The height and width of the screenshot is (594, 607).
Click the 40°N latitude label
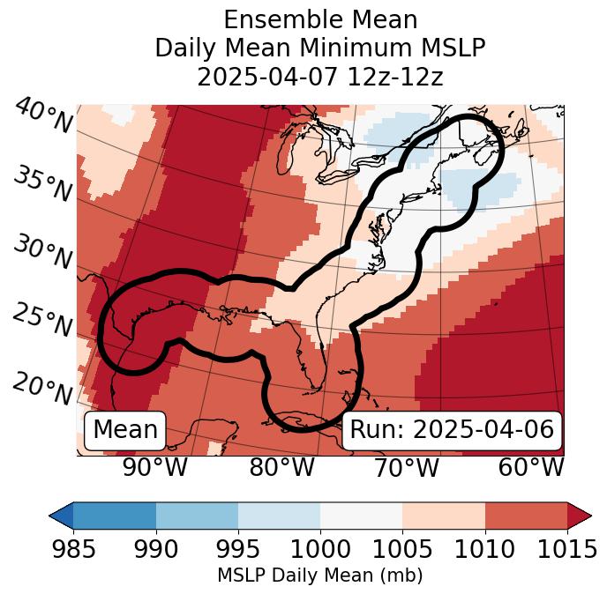[43, 116]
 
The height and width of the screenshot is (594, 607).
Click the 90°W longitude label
[155, 467]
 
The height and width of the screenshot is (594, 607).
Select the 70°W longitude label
[407, 467]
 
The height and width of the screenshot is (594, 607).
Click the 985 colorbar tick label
[73, 549]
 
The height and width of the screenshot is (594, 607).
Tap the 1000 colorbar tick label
[320, 549]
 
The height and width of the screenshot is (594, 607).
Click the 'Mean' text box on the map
[125, 430]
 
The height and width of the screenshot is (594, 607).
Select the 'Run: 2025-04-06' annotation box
[452, 430]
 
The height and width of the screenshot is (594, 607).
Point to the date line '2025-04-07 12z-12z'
[320, 77]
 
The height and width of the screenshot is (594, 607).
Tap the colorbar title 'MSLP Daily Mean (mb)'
[320, 575]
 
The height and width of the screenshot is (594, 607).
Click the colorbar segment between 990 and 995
[197, 515]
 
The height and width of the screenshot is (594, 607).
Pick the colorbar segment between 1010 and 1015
[526, 515]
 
